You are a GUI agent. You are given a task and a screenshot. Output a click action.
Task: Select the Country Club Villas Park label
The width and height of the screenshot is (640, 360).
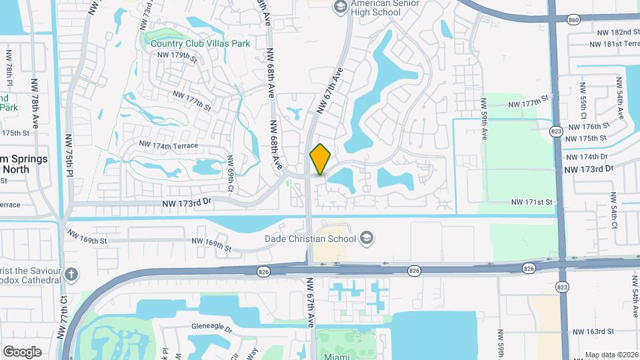coord(200,44)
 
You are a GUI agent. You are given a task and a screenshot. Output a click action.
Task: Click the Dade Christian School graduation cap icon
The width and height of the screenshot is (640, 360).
coord(366,238)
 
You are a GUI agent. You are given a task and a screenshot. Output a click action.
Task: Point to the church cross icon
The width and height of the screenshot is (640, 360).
coord(71,274)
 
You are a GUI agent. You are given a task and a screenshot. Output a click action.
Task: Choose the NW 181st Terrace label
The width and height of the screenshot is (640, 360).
coord(615,45)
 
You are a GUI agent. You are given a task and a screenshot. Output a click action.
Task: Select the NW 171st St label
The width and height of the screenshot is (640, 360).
coord(532,202)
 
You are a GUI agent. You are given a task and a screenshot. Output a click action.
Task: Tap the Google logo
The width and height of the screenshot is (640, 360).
coord(22,351)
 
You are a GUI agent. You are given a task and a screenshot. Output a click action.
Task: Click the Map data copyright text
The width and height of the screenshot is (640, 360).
coord(611,355)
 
